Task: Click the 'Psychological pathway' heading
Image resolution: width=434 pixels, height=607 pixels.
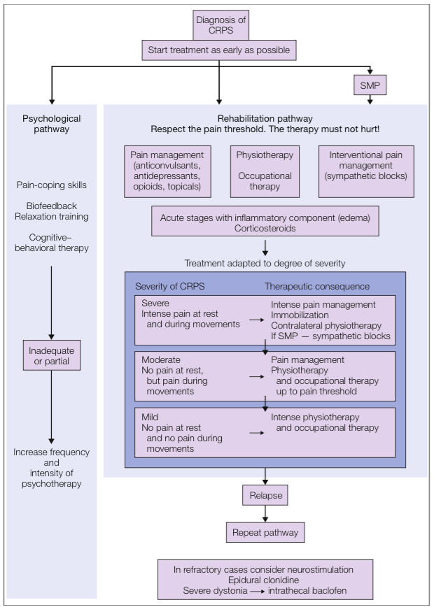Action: coord(51,124)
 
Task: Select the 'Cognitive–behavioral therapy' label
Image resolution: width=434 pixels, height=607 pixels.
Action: coord(52,243)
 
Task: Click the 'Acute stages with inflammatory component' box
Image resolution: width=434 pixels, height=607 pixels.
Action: coord(265,224)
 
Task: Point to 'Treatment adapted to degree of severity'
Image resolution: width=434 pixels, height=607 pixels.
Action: coord(265,263)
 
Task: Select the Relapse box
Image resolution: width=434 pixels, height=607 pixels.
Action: coord(265,496)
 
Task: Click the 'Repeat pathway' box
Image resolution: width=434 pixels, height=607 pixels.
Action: coord(265,532)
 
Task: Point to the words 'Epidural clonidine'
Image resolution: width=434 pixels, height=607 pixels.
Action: coord(265,580)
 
